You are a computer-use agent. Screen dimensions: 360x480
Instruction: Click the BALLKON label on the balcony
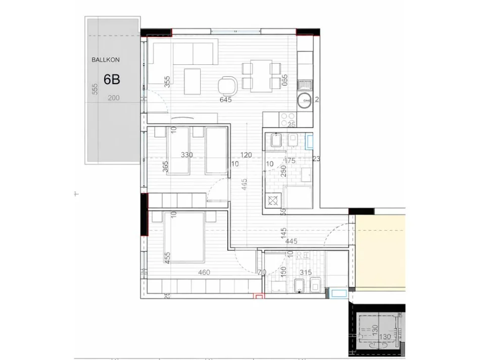pos(105,60)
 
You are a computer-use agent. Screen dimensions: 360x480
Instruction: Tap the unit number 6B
pos(112,79)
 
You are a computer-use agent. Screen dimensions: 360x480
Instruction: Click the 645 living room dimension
pos(225,100)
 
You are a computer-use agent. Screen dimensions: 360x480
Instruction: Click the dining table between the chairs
pos(261,76)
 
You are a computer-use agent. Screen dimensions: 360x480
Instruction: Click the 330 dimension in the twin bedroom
pos(186,155)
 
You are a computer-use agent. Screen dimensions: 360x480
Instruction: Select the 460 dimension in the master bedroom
pos(204,273)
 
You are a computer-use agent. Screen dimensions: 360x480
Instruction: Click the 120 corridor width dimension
pos(246,155)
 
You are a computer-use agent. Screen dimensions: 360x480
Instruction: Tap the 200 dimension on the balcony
pos(114,98)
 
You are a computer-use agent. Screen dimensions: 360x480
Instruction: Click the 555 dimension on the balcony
pos(94,89)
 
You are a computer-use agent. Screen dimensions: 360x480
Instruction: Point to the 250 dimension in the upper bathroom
pos(283,171)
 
